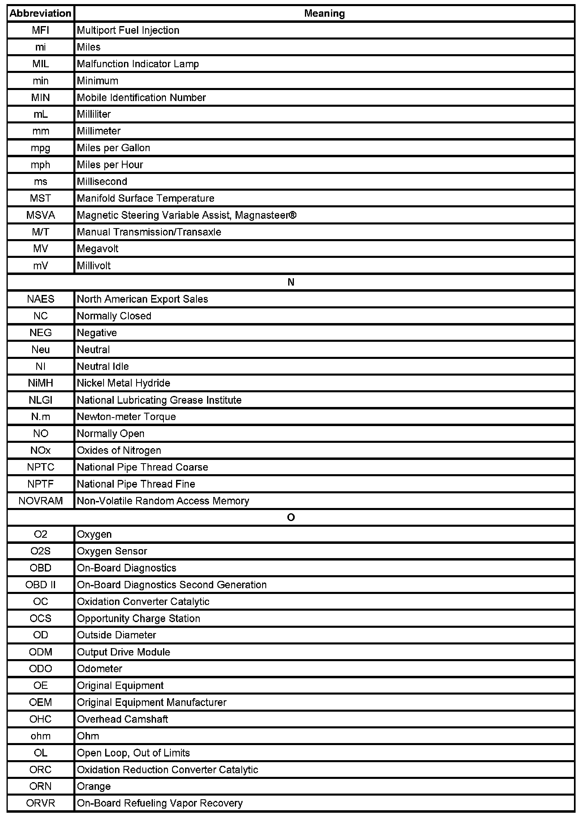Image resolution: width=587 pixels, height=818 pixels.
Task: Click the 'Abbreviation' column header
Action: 40,13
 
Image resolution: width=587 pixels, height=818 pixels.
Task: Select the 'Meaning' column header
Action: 324,13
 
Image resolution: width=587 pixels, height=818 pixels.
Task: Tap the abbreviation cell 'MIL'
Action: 40,64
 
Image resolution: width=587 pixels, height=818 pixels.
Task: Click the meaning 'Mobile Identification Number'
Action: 141,98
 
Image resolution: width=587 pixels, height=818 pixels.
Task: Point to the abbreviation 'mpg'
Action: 40,148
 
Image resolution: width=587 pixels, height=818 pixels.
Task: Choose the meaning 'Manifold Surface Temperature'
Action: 146,198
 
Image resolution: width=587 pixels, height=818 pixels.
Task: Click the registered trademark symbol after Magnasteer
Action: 292,215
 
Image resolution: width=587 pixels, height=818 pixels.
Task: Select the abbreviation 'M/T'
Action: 40,232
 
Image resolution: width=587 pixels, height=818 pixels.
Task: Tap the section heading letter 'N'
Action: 291,282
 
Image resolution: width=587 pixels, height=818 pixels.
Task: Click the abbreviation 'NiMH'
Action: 40,383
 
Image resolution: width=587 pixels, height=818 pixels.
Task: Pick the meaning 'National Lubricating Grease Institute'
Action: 159,400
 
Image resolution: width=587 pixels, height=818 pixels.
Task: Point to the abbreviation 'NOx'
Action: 40,451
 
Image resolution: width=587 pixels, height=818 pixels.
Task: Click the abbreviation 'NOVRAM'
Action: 40,501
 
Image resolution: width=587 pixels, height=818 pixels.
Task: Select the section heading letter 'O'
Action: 291,518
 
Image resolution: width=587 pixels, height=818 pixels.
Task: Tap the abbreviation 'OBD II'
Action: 40,585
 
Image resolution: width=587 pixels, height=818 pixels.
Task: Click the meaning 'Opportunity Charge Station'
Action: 138,618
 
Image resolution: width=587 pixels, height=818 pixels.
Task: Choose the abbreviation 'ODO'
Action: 40,669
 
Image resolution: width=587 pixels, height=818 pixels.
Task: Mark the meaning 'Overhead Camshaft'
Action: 122,719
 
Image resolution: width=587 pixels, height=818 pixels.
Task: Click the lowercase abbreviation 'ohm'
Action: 40,736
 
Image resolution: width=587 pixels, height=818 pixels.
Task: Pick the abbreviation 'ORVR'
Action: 40,803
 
